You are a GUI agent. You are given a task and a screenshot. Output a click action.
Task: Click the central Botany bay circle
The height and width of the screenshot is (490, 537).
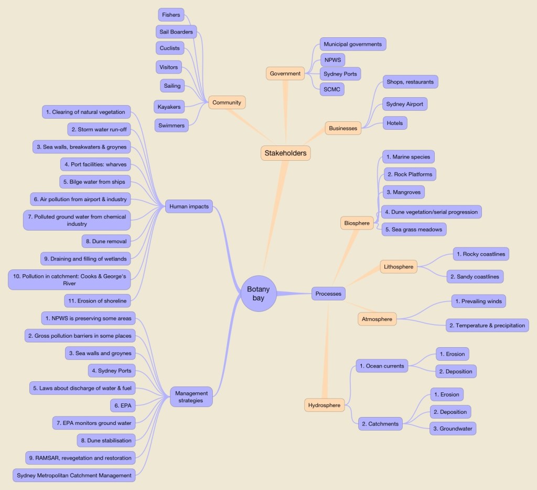(x=258, y=294)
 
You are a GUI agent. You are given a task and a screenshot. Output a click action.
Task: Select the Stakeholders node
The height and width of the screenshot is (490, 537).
(x=286, y=153)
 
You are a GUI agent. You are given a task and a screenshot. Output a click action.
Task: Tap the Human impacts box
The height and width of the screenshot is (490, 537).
(x=189, y=206)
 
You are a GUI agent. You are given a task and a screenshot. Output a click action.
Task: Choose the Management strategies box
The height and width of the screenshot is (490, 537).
(x=191, y=397)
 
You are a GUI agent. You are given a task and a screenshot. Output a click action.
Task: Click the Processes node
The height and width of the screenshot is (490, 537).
(x=328, y=294)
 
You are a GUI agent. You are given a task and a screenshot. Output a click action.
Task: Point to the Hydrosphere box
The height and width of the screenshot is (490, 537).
(x=324, y=405)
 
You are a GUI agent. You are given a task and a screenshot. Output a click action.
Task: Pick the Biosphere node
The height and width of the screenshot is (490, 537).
(x=357, y=223)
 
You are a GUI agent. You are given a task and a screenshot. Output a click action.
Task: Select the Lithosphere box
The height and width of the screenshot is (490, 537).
(x=399, y=267)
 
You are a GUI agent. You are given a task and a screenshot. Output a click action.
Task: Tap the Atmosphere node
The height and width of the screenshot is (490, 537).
(x=377, y=319)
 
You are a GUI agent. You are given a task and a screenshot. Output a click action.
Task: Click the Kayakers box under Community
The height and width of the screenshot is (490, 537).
(x=169, y=107)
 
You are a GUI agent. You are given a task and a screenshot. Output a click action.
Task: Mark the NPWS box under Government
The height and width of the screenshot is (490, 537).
(x=332, y=60)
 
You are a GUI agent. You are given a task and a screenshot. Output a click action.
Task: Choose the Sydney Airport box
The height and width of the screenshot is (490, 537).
(x=404, y=104)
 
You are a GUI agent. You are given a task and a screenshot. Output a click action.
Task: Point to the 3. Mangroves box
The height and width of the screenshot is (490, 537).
(x=403, y=192)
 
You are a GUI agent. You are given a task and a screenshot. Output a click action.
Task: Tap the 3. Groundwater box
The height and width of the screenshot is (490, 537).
(x=453, y=429)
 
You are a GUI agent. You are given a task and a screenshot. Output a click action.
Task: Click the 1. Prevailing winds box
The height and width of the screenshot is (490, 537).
(x=478, y=301)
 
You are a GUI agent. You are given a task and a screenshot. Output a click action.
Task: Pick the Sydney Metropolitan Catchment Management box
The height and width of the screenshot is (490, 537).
(x=74, y=475)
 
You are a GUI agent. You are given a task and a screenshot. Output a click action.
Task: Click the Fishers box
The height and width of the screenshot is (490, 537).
(x=170, y=15)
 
